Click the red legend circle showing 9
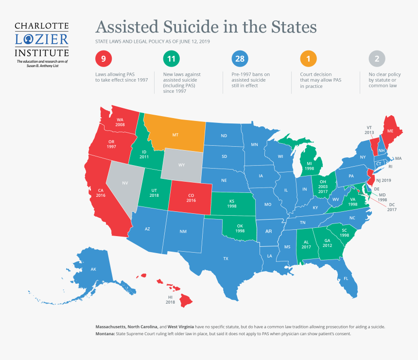[x=103, y=59]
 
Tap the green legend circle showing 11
[x=171, y=59]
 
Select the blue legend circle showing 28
[x=240, y=59]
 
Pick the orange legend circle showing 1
[x=308, y=59]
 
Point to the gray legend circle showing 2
[x=377, y=59]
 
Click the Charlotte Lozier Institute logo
[x=42, y=43]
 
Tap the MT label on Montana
[x=175, y=135]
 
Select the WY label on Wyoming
[x=181, y=165]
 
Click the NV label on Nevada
[x=125, y=183]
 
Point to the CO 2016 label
[x=191, y=197]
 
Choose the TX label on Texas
[x=226, y=259]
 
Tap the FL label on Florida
[x=346, y=279]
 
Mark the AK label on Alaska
[x=93, y=269]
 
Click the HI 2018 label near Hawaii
[x=171, y=299]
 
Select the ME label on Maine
[x=389, y=131]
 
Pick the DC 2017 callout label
[x=391, y=206]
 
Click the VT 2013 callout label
[x=370, y=129]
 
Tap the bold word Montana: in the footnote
[x=106, y=334]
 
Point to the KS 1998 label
[x=231, y=204]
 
